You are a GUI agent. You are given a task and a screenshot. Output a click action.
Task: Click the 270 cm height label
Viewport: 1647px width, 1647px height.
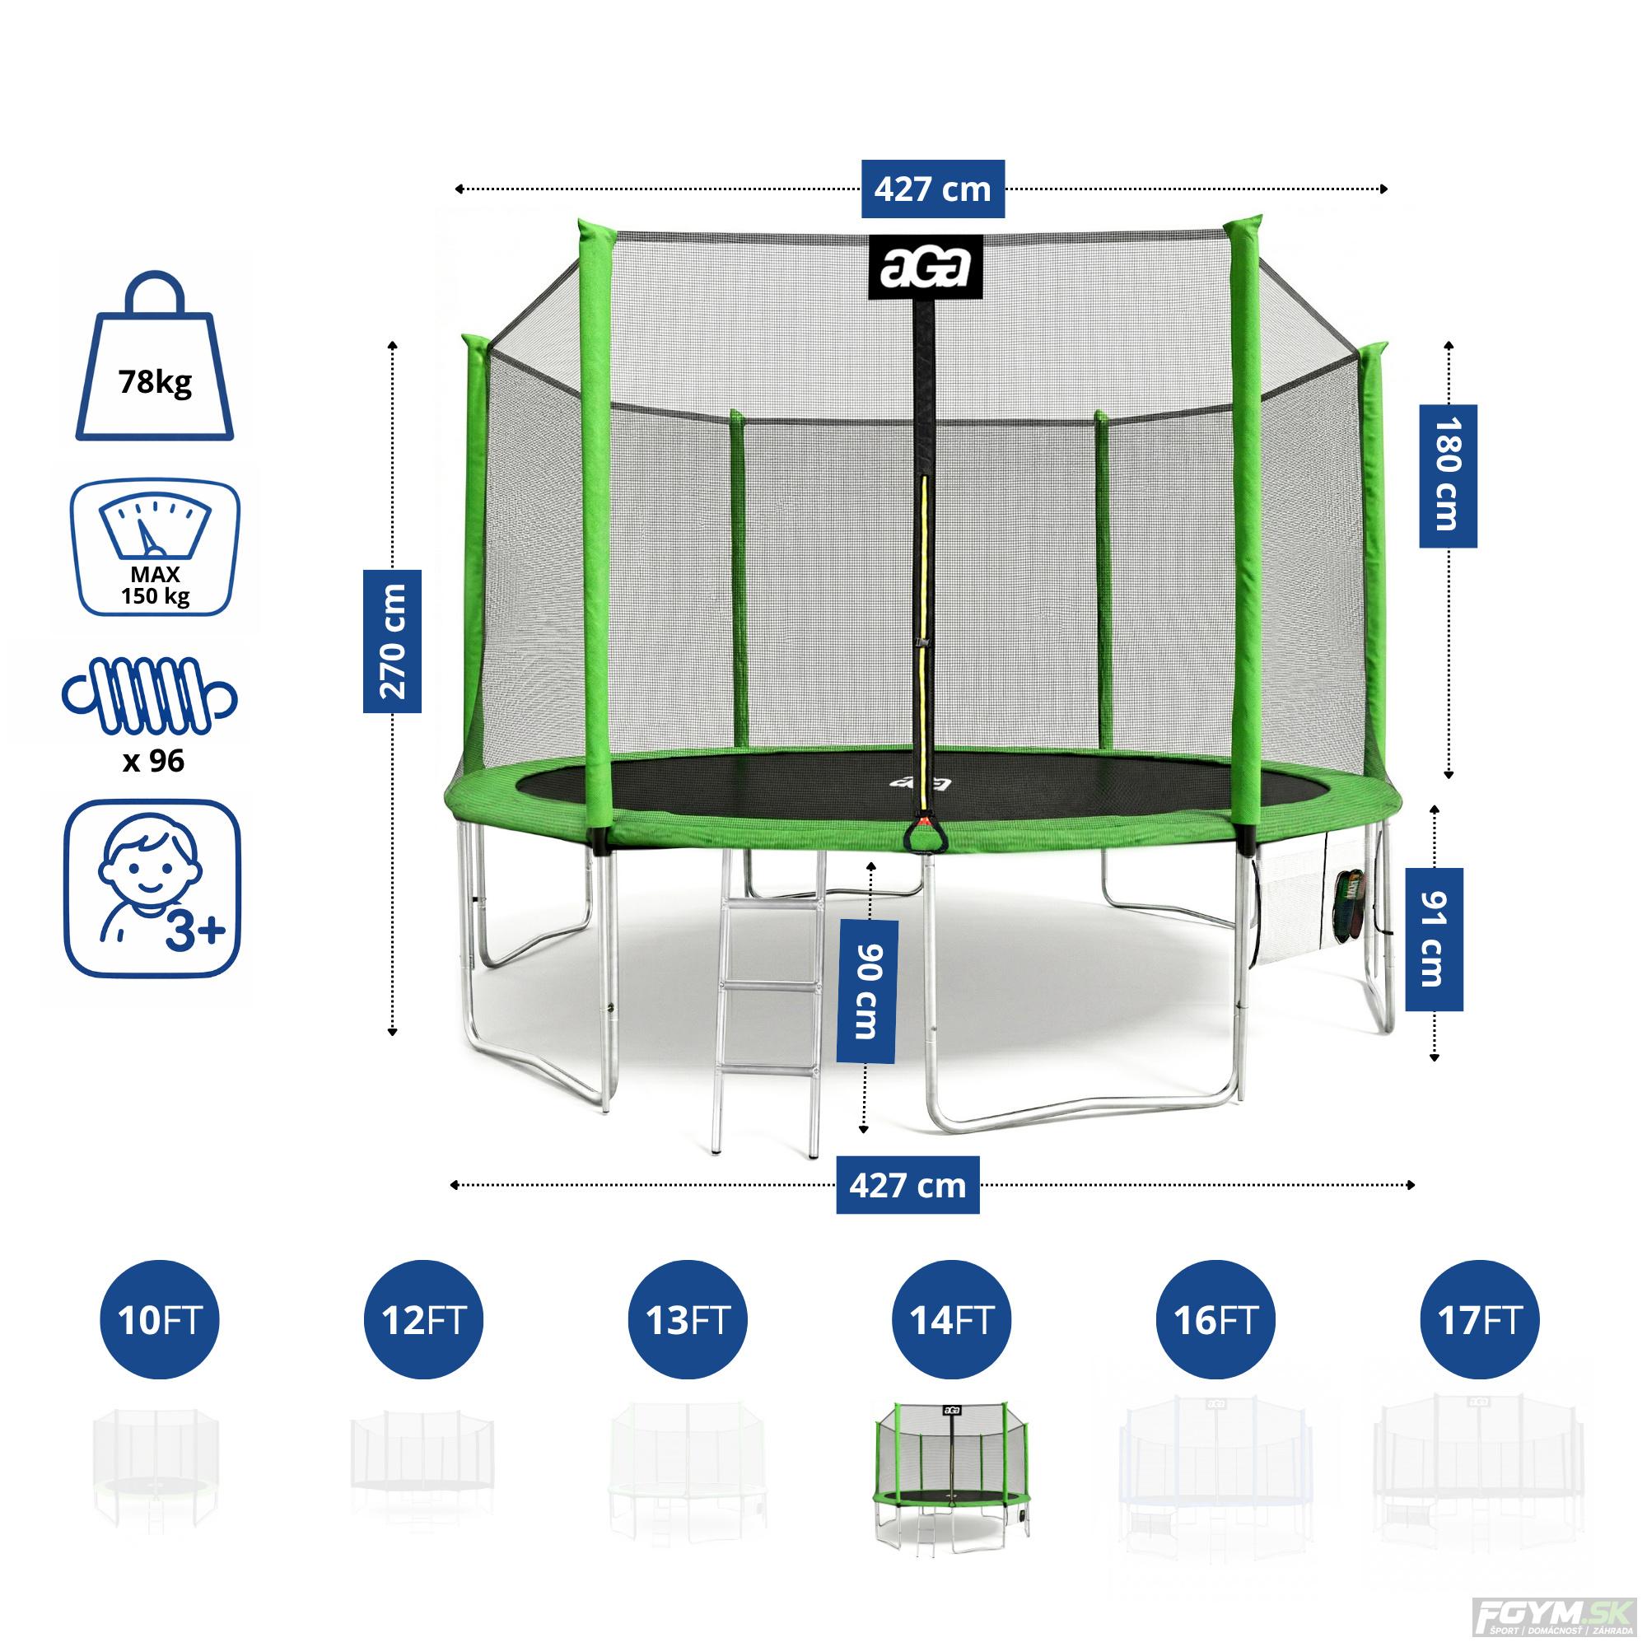pos(392,641)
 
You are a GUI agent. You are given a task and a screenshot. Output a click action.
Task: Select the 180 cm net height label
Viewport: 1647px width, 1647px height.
pos(1448,476)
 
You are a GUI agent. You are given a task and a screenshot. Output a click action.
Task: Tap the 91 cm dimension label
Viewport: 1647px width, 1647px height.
pos(1434,940)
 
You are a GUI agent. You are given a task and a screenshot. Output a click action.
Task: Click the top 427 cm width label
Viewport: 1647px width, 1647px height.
pos(933,189)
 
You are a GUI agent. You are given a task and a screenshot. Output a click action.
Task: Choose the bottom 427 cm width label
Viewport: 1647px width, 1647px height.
pos(907,1185)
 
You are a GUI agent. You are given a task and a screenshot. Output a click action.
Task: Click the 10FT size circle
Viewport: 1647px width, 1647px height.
pos(160,1321)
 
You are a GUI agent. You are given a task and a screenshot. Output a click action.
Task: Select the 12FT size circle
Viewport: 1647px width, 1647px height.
pos(423,1321)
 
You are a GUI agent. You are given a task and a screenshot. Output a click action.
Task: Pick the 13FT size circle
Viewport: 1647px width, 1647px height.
pos(687,1321)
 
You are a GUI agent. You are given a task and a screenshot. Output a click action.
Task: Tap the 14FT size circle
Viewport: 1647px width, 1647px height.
pos(951,1321)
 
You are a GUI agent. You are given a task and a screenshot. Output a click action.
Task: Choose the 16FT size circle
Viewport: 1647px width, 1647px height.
pos(1215,1321)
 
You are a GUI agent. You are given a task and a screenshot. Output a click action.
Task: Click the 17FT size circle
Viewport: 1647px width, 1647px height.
pos(1479,1321)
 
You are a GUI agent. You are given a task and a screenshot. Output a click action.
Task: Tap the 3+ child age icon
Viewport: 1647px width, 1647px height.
pos(153,889)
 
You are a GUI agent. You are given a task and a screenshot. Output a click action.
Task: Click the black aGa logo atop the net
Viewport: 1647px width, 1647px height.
pos(926,267)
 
